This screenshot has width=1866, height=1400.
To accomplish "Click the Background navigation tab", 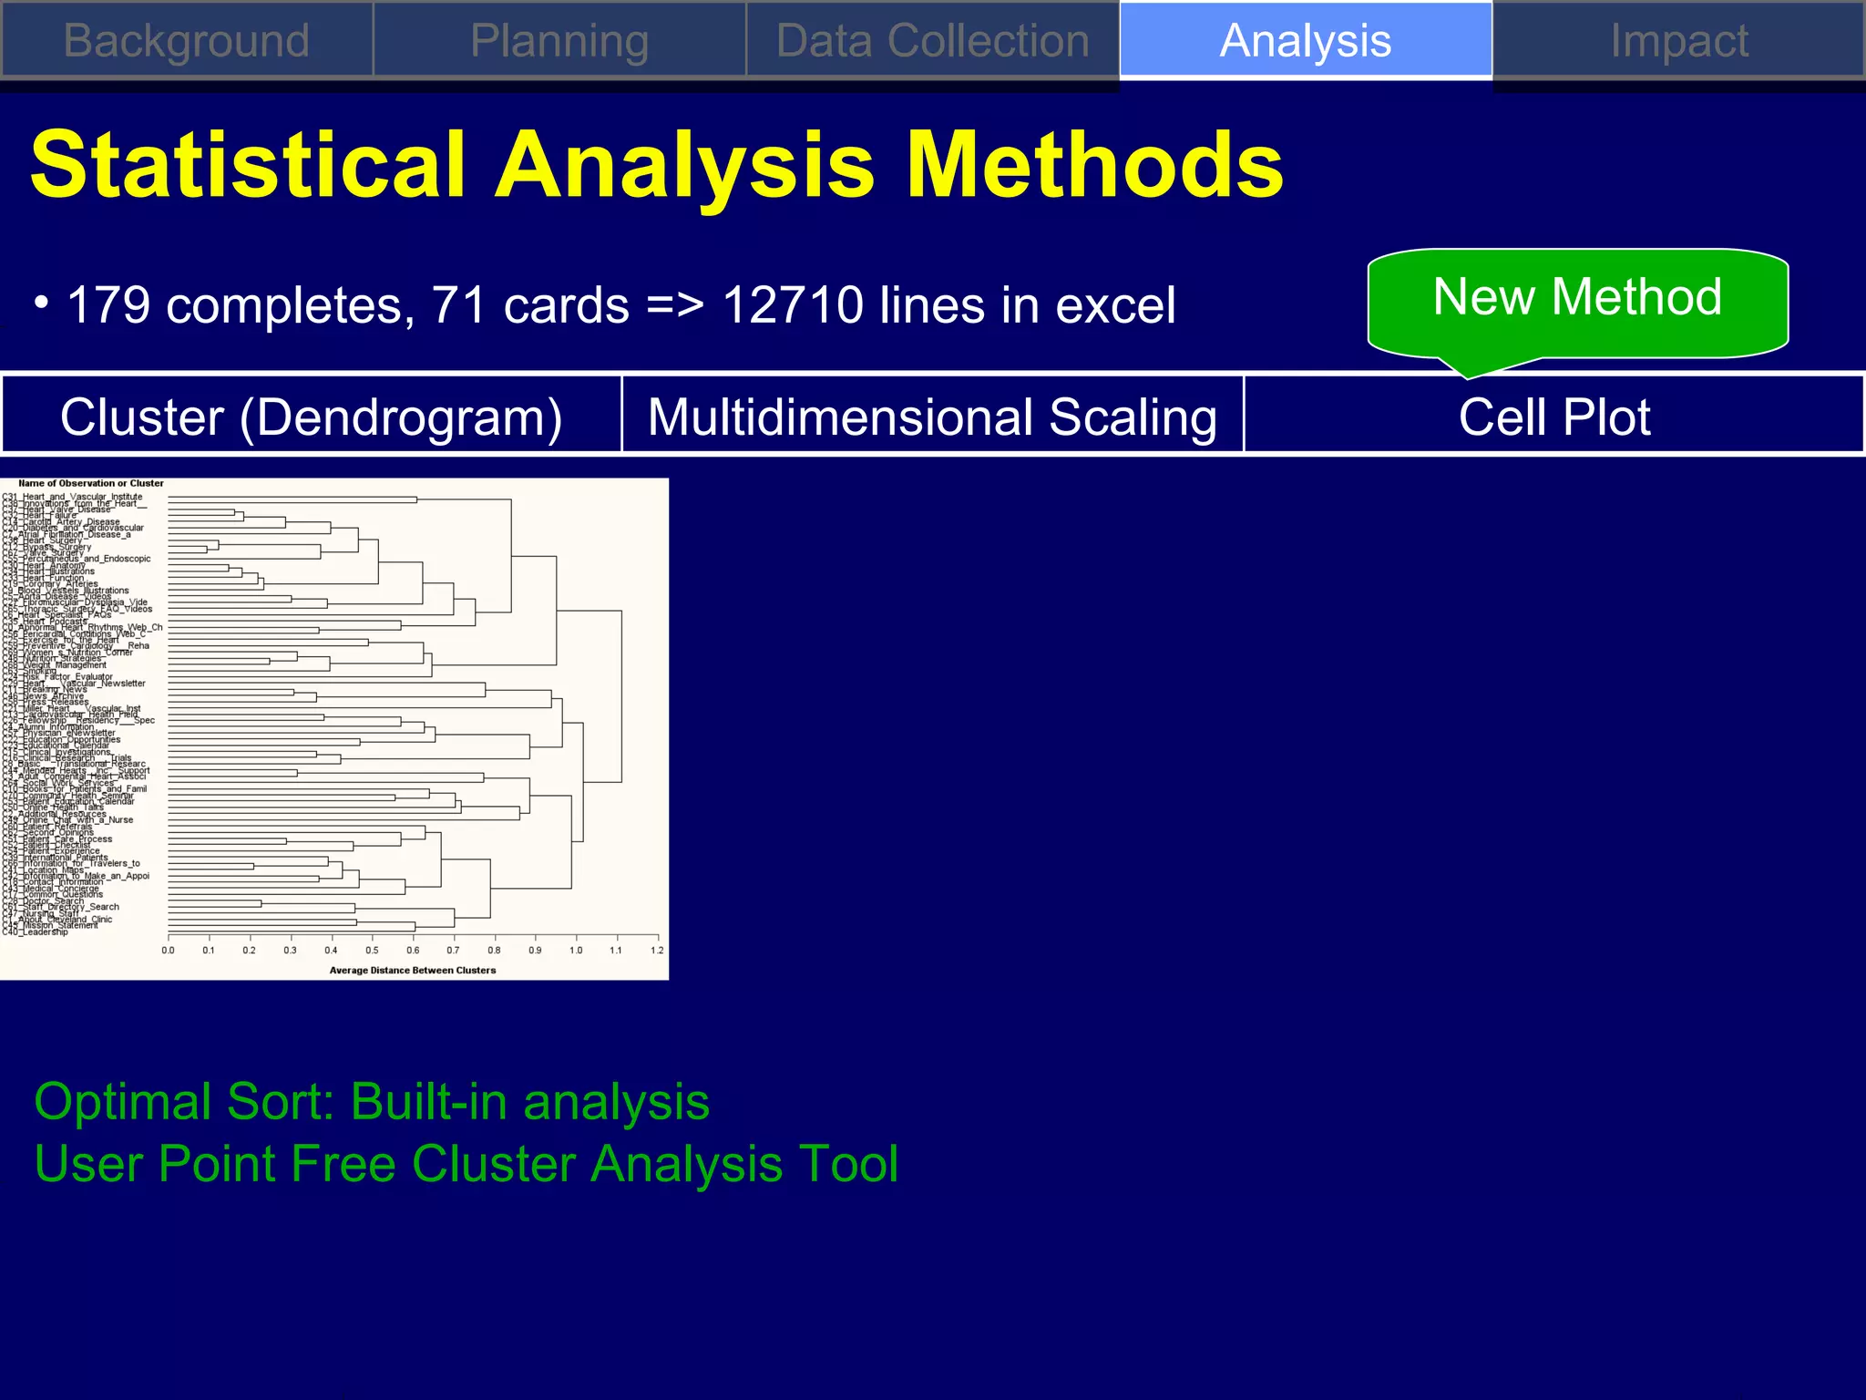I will coord(187,41).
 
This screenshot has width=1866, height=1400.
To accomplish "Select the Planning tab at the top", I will coord(559,41).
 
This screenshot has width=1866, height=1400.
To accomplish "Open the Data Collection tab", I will coord(932,41).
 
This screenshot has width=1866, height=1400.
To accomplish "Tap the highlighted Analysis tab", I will coord(1305,41).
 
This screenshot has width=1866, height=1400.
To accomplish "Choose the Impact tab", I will coord(1678,41).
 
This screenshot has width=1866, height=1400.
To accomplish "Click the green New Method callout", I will coord(1577,297).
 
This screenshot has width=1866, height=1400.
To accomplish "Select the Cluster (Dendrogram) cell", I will coord(311,417).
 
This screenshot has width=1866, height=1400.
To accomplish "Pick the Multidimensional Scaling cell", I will coord(932,417).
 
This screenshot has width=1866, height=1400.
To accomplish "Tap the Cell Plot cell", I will coord(1553,417).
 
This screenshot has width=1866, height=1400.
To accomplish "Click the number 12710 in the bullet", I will coord(792,304).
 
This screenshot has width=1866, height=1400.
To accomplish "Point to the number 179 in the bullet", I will coord(108,304).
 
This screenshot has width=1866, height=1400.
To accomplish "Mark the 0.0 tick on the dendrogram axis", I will coord(169,950).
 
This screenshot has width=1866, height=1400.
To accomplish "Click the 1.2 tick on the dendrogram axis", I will coord(657,950).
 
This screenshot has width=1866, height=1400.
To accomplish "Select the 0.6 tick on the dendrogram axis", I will coord(413,950).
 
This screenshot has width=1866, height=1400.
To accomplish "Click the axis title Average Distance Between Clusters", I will coord(413,970).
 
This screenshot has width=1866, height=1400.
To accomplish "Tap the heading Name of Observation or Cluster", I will coord(91,483).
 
